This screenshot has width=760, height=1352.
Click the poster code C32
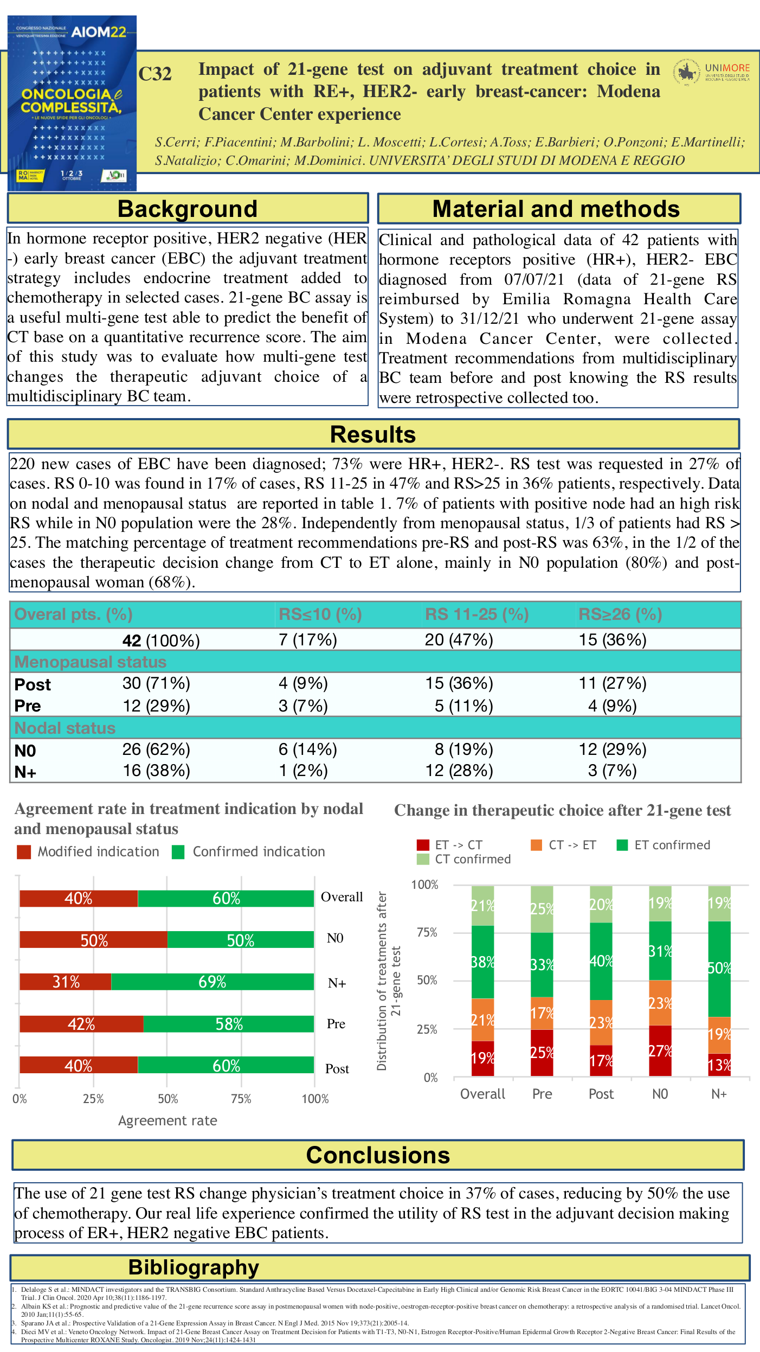(155, 74)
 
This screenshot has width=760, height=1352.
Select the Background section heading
(188, 209)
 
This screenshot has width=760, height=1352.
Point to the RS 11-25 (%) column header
(476, 614)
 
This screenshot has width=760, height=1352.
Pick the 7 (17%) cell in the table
(307, 640)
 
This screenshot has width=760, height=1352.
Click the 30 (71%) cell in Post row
(156, 683)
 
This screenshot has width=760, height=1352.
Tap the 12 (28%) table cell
(459, 771)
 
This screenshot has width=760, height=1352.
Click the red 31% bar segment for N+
(66, 982)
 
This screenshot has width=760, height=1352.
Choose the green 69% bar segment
(212, 982)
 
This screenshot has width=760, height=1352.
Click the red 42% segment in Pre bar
(81, 1024)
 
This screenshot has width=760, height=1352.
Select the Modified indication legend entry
(88, 851)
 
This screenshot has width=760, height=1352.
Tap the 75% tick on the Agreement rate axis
(241, 1099)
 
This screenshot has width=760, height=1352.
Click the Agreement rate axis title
(168, 1120)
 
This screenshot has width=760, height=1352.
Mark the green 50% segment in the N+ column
(719, 969)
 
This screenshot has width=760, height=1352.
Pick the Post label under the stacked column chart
(601, 1094)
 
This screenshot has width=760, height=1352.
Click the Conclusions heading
(378, 1155)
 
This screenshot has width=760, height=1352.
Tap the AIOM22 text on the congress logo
(99, 32)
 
